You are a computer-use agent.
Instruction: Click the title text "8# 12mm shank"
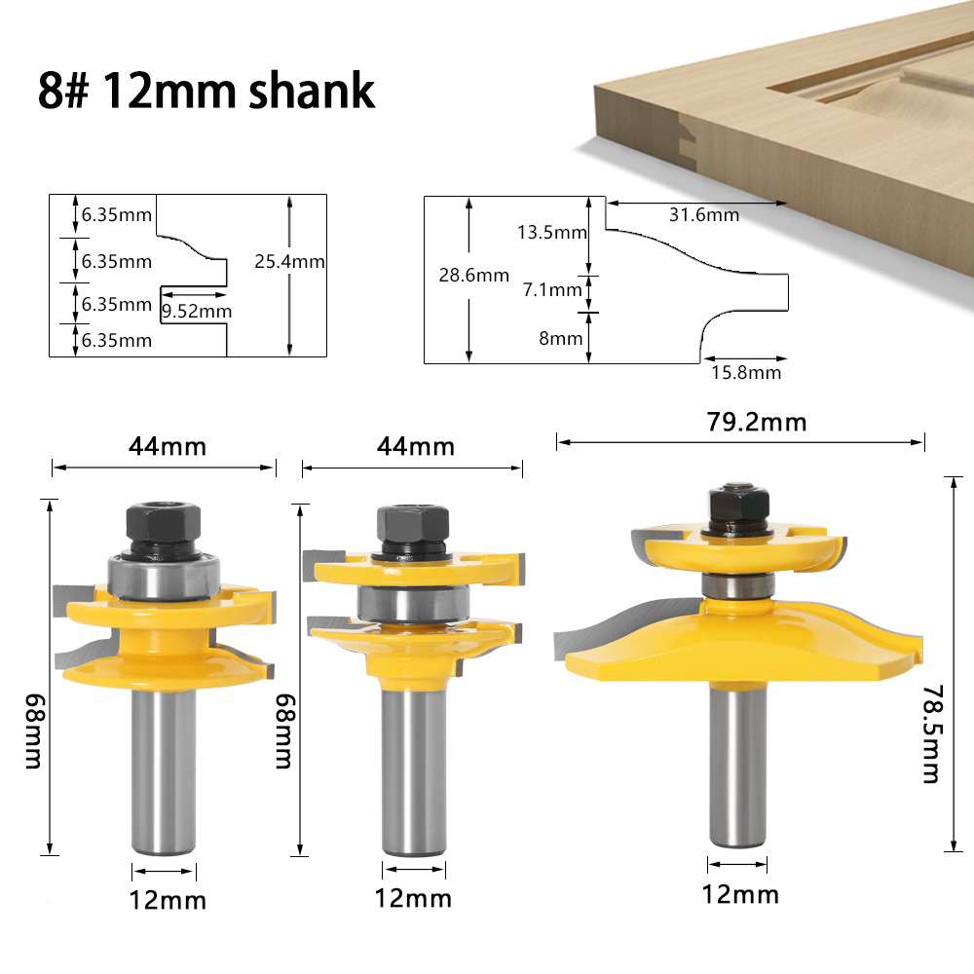pyautogui.click(x=206, y=90)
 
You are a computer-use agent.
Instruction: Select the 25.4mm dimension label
pyautogui.click(x=289, y=261)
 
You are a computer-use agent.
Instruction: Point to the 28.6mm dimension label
pyautogui.click(x=474, y=275)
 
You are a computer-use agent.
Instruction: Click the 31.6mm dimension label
pyautogui.click(x=704, y=214)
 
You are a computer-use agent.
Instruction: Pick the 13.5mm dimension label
pyautogui.click(x=552, y=232)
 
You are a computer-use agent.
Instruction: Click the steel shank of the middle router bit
pyautogui.click(x=414, y=760)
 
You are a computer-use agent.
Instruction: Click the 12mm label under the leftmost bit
pyautogui.click(x=168, y=899)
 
